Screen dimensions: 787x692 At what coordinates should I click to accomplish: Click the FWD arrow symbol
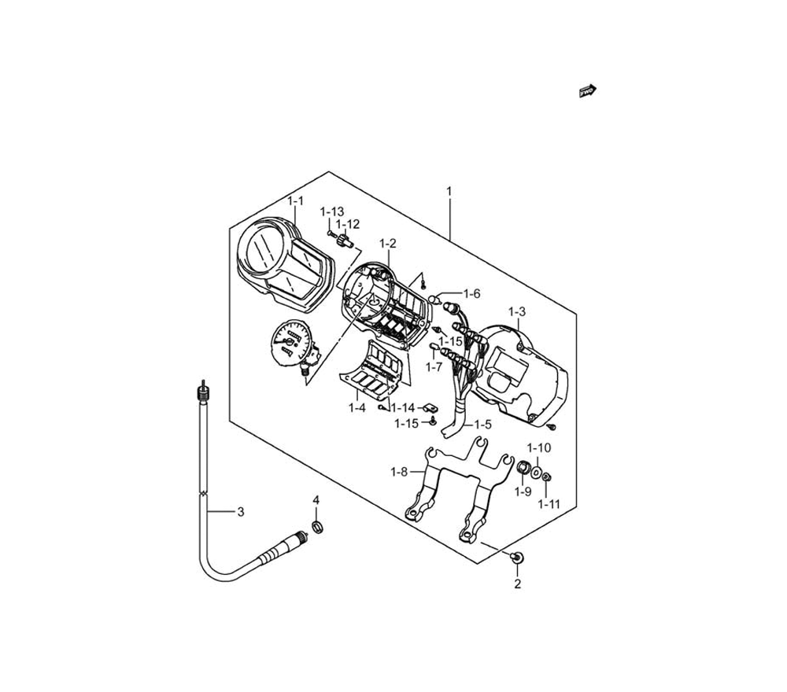[588, 90]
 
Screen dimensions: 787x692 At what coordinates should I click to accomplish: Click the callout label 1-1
[296, 201]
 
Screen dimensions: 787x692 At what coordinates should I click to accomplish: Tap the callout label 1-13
[332, 212]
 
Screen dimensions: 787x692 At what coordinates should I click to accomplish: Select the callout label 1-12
[348, 224]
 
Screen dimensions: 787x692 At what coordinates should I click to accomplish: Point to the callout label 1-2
[387, 244]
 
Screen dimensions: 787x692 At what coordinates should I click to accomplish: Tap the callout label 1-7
[434, 367]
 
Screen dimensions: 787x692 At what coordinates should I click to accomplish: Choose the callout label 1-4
[357, 407]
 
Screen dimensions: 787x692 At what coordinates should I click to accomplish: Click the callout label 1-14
[403, 407]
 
